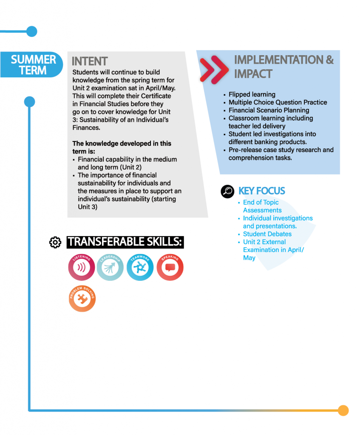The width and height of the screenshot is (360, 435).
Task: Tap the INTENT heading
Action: tap(90, 61)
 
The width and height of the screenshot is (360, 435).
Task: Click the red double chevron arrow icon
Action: tap(214, 70)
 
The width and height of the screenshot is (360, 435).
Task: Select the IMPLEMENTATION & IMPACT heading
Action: tap(283, 67)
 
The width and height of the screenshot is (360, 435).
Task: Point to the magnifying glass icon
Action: tap(227, 192)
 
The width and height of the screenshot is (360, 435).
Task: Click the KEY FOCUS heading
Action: tap(262, 191)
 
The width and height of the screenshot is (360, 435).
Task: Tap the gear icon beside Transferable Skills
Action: tap(55, 243)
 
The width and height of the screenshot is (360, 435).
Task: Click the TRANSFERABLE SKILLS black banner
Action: tap(125, 242)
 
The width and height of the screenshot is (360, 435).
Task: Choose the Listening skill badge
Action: tap(82, 267)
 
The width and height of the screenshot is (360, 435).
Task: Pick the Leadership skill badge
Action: tap(110, 267)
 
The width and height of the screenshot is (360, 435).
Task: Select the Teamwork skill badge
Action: tap(140, 267)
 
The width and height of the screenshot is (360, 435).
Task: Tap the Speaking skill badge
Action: tap(170, 267)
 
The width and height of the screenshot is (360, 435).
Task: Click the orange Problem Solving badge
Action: tap(82, 299)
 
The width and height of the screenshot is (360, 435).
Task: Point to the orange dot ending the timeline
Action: tap(343, 410)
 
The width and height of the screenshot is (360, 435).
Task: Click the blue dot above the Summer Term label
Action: tap(32, 31)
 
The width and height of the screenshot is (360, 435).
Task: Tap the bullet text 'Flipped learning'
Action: tap(252, 94)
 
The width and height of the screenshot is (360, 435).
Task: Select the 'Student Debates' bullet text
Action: tap(267, 234)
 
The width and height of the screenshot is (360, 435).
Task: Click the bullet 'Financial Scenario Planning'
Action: tap(269, 110)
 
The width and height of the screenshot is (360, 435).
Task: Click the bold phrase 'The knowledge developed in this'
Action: tap(122, 144)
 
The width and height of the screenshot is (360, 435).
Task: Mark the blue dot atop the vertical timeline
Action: tap(29, 102)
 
